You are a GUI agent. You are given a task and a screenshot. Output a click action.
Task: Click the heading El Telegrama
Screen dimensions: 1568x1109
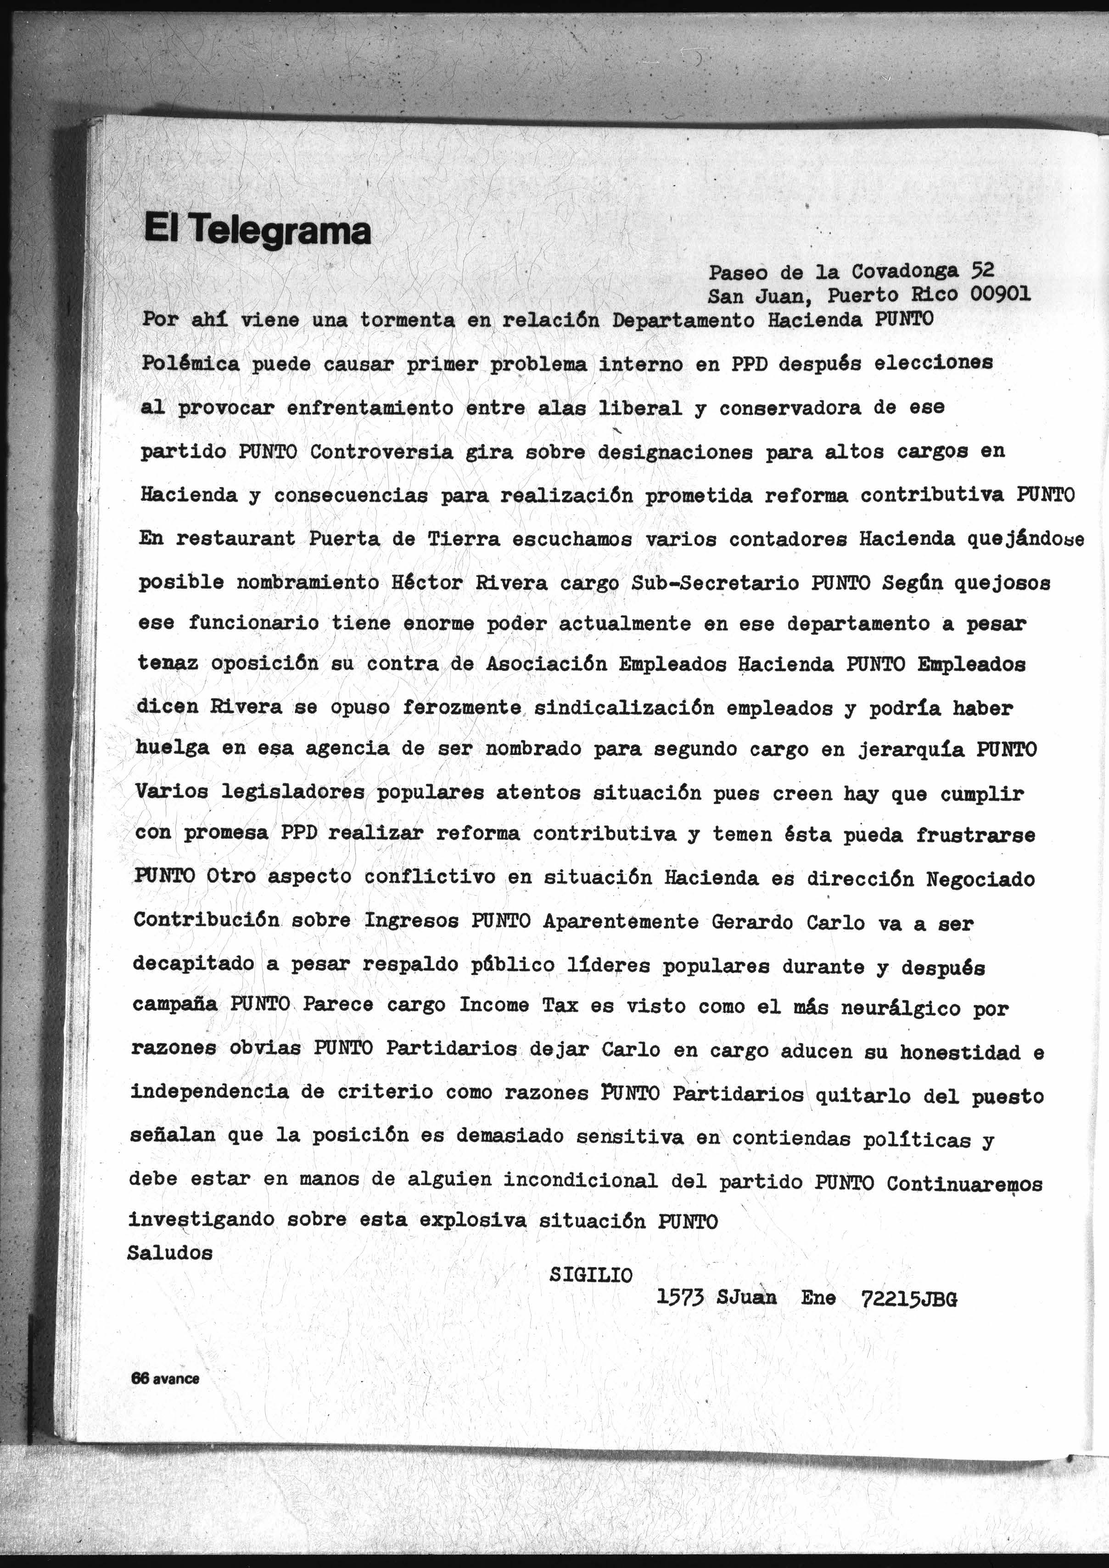click(x=258, y=230)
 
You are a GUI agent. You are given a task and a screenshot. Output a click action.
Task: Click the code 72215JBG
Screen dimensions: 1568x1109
click(x=908, y=1299)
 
